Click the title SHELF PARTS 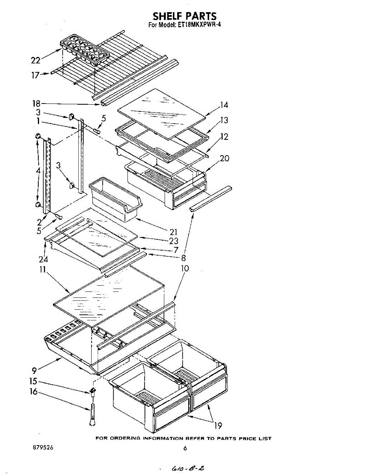pyautogui.click(x=185, y=16)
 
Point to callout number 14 pyautogui.click(x=224, y=105)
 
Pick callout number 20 pyautogui.click(x=225, y=158)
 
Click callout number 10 pyautogui.click(x=185, y=269)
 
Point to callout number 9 pyautogui.click(x=35, y=371)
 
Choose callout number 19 pyautogui.click(x=218, y=425)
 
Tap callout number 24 pyautogui.click(x=43, y=260)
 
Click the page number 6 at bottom pyautogui.click(x=185, y=448)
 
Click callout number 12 pyautogui.click(x=224, y=137)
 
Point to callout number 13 pyautogui.click(x=224, y=120)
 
